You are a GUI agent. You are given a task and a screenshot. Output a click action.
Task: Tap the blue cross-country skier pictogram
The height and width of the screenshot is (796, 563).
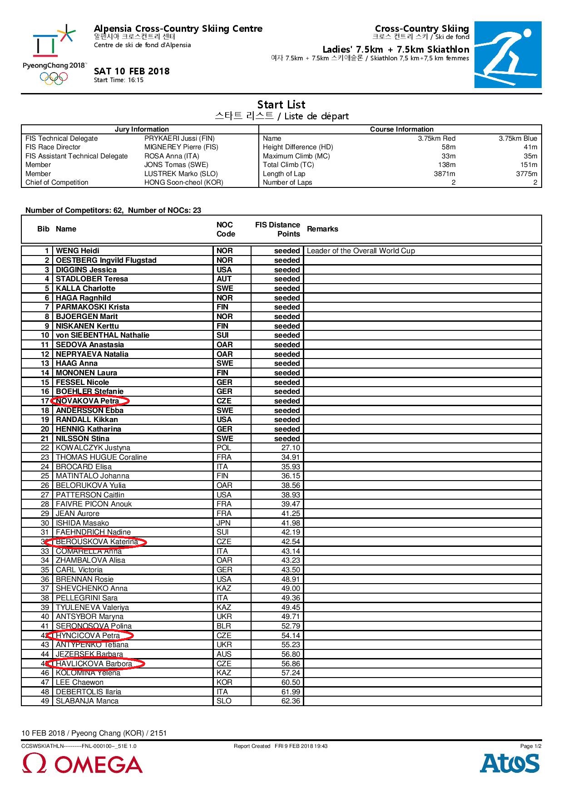pyautogui.click(x=508, y=54)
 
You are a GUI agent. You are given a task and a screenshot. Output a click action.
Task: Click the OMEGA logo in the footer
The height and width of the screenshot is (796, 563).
pyautogui.click(x=82, y=764)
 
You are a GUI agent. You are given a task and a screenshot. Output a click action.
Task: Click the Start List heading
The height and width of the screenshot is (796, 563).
pyautogui.click(x=281, y=104)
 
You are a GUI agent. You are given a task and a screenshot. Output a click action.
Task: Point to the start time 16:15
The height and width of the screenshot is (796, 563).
pyautogui.click(x=119, y=80)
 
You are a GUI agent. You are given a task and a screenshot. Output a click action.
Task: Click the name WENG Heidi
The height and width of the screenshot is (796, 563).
pyautogui.click(x=77, y=251)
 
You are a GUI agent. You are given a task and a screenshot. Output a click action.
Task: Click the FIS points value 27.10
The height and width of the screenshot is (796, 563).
pyautogui.click(x=291, y=448)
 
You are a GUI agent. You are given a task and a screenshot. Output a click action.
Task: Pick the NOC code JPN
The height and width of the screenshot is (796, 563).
pyautogui.click(x=224, y=523)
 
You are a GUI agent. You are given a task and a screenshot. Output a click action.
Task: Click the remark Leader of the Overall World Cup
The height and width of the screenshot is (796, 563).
pyautogui.click(x=361, y=251)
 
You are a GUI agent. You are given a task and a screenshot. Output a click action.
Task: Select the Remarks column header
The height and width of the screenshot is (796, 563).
pyautogui.click(x=322, y=229)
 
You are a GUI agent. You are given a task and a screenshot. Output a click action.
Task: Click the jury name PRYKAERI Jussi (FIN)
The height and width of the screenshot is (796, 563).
pyautogui.click(x=179, y=138)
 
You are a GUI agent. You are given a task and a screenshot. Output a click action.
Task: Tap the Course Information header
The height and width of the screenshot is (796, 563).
pyautogui.click(x=401, y=129)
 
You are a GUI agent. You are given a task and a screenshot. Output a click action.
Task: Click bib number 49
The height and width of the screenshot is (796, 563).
pyautogui.click(x=44, y=701)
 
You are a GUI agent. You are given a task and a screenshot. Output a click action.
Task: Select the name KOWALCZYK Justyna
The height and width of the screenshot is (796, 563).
pyautogui.click(x=93, y=448)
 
